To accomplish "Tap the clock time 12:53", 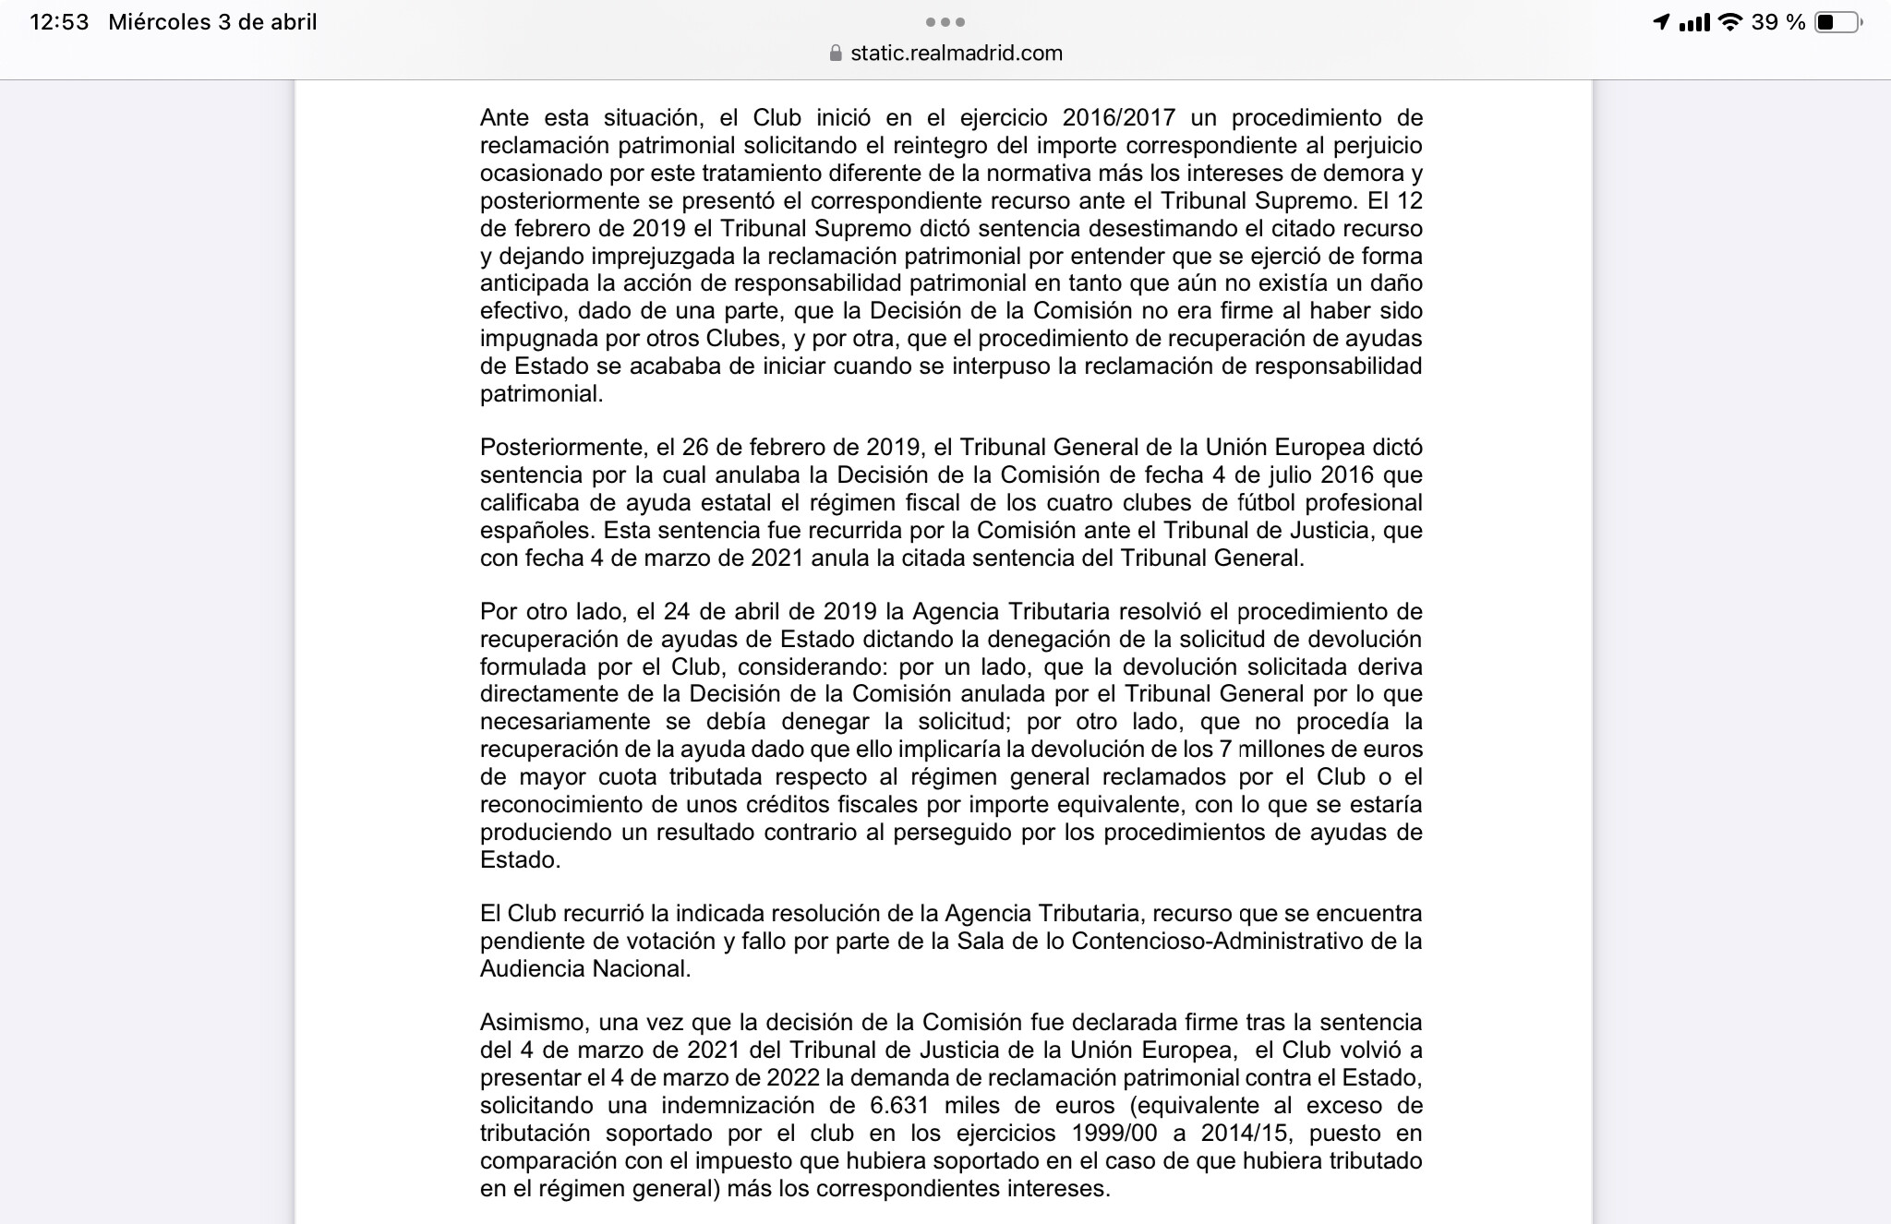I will click(x=59, y=22).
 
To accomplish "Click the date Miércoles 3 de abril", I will click(x=212, y=22).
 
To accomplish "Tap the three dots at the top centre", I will click(x=945, y=22).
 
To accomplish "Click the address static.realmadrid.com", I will click(x=957, y=54).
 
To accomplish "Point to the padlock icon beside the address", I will click(x=837, y=54).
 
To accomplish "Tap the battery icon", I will click(x=1837, y=22).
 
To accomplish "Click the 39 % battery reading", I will click(x=1778, y=22).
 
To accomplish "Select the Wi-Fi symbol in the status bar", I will click(x=1731, y=22).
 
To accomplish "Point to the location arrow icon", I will click(x=1661, y=22).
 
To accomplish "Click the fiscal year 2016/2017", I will click(x=1118, y=118).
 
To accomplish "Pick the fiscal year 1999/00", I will click(x=1101, y=1134).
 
